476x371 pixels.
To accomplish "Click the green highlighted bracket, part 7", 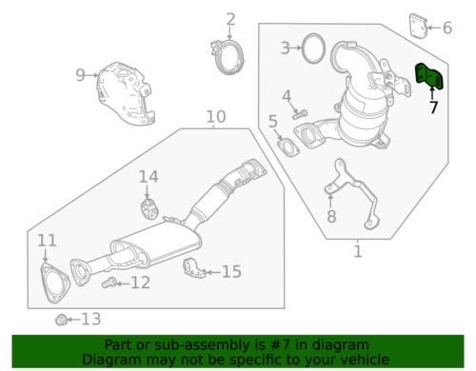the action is coord(429,76).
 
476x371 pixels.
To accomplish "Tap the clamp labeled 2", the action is coord(228,57).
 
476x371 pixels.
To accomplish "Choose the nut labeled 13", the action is coord(61,320).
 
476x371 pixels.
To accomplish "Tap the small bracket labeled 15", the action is coord(194,269).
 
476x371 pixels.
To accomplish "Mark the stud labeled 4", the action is coord(300,114).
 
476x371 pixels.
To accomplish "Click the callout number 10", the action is coord(216,117).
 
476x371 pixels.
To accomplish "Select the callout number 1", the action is coord(358,251).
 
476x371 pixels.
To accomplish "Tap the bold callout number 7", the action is coord(433,107).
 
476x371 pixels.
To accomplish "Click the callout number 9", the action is coord(80,75).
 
